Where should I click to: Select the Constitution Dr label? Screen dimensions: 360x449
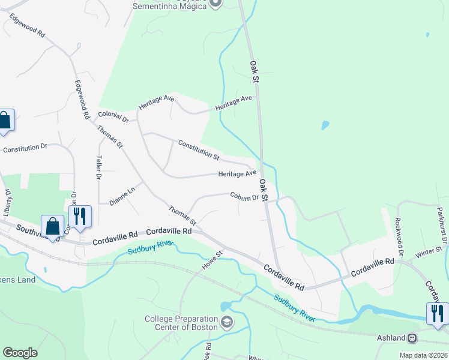click(x=25, y=147)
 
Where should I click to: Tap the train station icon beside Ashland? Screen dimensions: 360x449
click(x=412, y=338)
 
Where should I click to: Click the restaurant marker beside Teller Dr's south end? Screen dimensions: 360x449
click(x=79, y=217)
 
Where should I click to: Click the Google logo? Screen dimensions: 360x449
click(x=20, y=353)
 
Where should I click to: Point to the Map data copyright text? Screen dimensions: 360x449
click(x=424, y=355)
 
